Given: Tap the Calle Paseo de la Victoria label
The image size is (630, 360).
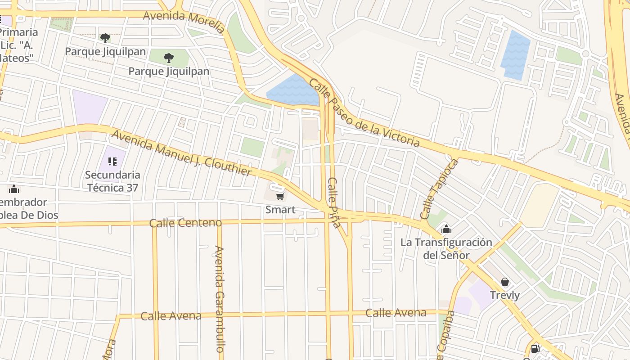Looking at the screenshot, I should pyautogui.click(x=364, y=113).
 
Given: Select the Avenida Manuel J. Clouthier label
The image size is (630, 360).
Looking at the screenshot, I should pyautogui.click(x=181, y=153).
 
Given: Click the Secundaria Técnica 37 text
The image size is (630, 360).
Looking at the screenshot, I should pyautogui.click(x=112, y=181).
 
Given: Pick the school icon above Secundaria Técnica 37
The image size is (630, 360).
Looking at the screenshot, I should pyautogui.click(x=112, y=161).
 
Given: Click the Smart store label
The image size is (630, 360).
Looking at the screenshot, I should pyautogui.click(x=280, y=210).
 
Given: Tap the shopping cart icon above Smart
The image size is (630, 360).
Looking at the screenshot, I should pyautogui.click(x=280, y=196).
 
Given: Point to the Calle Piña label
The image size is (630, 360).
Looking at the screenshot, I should pyautogui.click(x=334, y=202).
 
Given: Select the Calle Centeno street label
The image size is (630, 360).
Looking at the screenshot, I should pyautogui.click(x=185, y=223).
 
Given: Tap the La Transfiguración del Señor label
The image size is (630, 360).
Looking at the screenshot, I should pyautogui.click(x=446, y=249).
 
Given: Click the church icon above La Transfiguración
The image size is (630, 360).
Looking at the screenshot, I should pyautogui.click(x=446, y=229).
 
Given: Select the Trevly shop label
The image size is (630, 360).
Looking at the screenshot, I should pyautogui.click(x=504, y=295).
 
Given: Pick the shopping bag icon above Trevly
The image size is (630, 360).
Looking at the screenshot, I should pyautogui.click(x=505, y=282).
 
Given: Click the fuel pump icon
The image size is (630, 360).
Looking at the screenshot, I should pyautogui.click(x=535, y=348).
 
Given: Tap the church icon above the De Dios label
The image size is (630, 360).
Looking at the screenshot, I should pyautogui.click(x=14, y=189).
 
